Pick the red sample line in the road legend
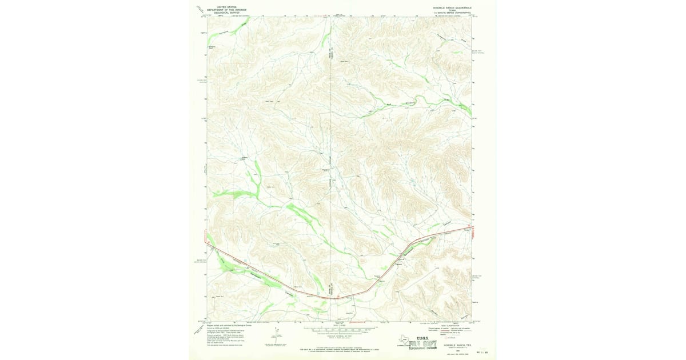tap(439, 331)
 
